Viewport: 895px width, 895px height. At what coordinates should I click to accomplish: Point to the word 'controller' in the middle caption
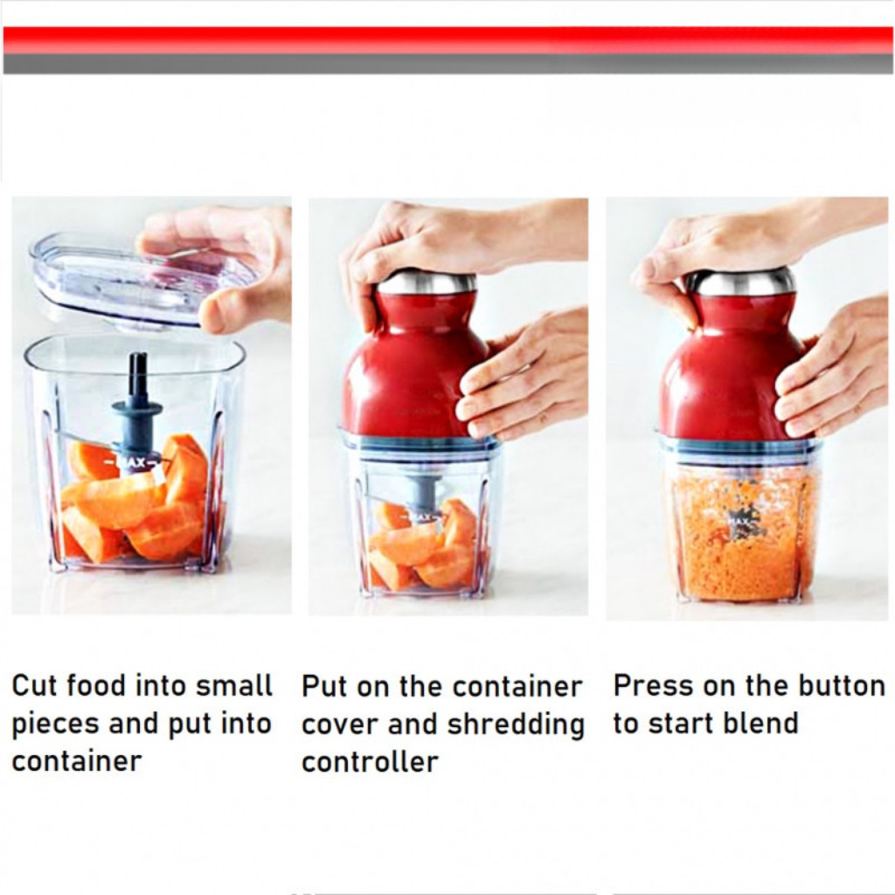(370, 761)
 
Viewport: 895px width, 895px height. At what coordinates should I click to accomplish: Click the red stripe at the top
(447, 40)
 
